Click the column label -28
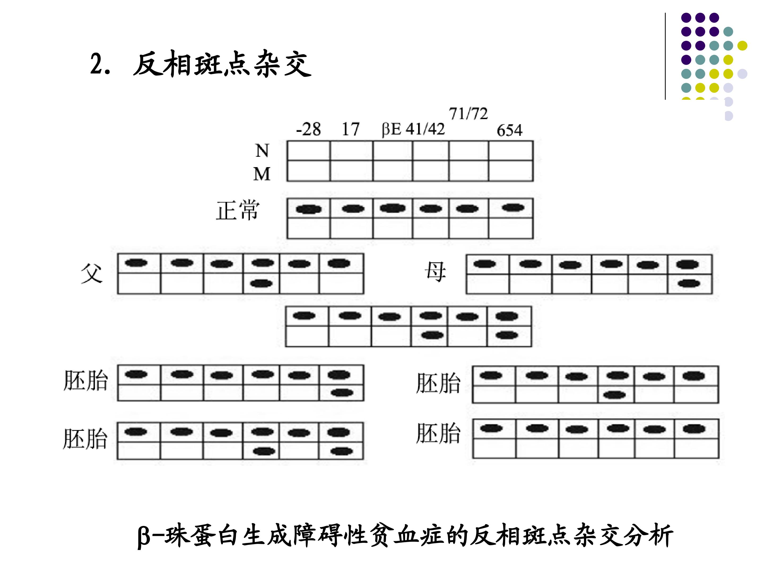pyautogui.click(x=309, y=129)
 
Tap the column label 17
pyautogui.click(x=351, y=129)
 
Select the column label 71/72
pyautogui.click(x=468, y=114)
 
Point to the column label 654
pyautogui.click(x=509, y=130)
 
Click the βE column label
pyautogui.click(x=391, y=129)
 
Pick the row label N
pyautogui.click(x=262, y=151)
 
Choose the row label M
pyautogui.click(x=262, y=174)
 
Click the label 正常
pyautogui.click(x=238, y=210)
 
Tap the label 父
pyautogui.click(x=92, y=273)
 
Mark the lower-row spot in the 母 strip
pyautogui.click(x=689, y=284)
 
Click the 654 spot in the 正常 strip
pyautogui.click(x=513, y=207)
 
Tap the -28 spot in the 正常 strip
pyautogui.click(x=309, y=209)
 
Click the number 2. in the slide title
pyautogui.click(x=100, y=64)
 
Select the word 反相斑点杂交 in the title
pyautogui.click(x=222, y=64)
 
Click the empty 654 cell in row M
pyautogui.click(x=511, y=171)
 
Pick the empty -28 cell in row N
pyautogui.click(x=309, y=151)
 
